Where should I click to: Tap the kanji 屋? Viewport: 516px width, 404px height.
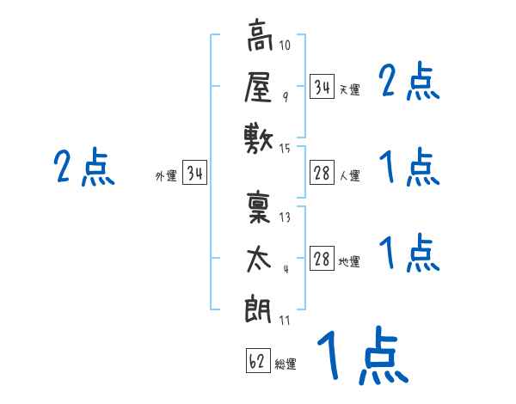(259, 87)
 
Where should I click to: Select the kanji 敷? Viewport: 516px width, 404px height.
(259, 138)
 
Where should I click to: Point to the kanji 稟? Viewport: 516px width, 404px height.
(259, 208)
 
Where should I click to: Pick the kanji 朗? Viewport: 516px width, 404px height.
(259, 308)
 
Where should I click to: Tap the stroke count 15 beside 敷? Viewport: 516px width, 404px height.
(286, 149)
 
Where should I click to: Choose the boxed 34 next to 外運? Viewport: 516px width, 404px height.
(195, 174)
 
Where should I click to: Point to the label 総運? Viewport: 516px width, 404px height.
(286, 364)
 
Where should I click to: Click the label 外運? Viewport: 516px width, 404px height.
(166, 176)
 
